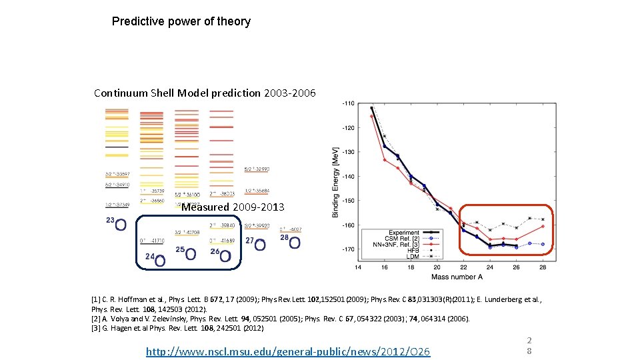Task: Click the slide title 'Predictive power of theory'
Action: [181, 21]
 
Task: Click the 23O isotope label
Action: [116, 223]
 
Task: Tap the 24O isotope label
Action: [156, 259]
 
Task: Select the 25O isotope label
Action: [186, 253]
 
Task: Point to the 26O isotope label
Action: [221, 255]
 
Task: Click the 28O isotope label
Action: [290, 241]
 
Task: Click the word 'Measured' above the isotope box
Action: [205, 207]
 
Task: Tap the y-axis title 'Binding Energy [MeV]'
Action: [335, 181]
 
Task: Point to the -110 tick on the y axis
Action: [347, 103]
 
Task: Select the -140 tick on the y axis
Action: [347, 177]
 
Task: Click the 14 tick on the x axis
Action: [359, 267]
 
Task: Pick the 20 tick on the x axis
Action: [437, 267]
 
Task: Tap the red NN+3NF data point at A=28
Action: [543, 226]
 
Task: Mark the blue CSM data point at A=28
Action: [543, 244]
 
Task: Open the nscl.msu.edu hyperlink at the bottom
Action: [288, 351]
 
